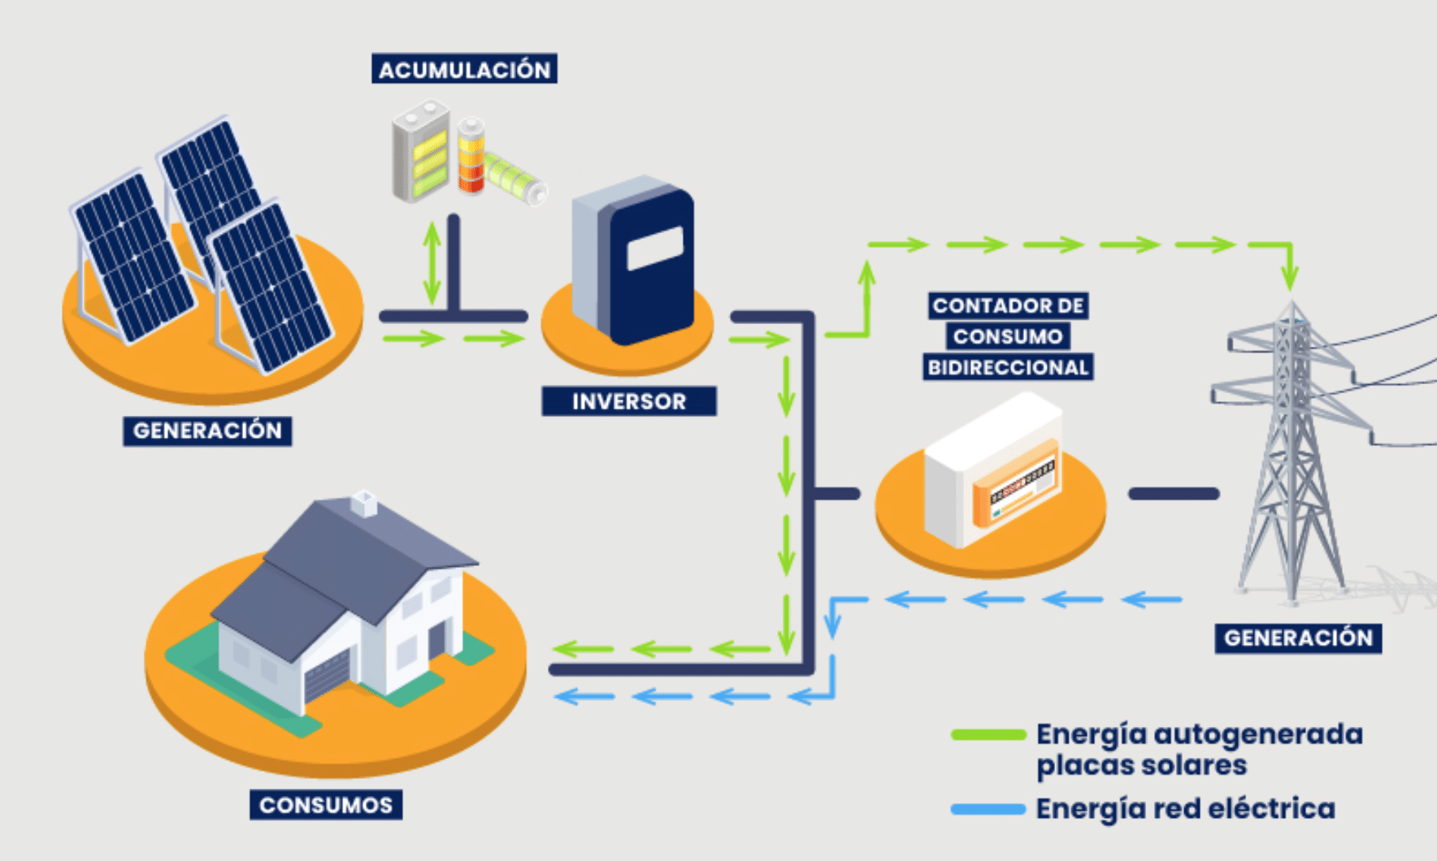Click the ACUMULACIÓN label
click(x=464, y=69)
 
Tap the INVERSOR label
click(x=628, y=401)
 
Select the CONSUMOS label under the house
click(x=326, y=805)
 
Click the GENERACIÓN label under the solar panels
click(x=207, y=430)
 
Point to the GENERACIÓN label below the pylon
click(x=1298, y=638)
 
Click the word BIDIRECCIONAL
click(x=1008, y=367)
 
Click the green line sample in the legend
click(x=988, y=734)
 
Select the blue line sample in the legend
click(x=988, y=809)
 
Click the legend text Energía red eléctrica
click(x=1185, y=809)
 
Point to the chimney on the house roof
click(x=363, y=504)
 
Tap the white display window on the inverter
click(x=654, y=248)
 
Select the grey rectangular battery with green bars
click(x=420, y=152)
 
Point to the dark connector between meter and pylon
click(x=1173, y=493)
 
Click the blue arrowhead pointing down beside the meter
click(x=832, y=625)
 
